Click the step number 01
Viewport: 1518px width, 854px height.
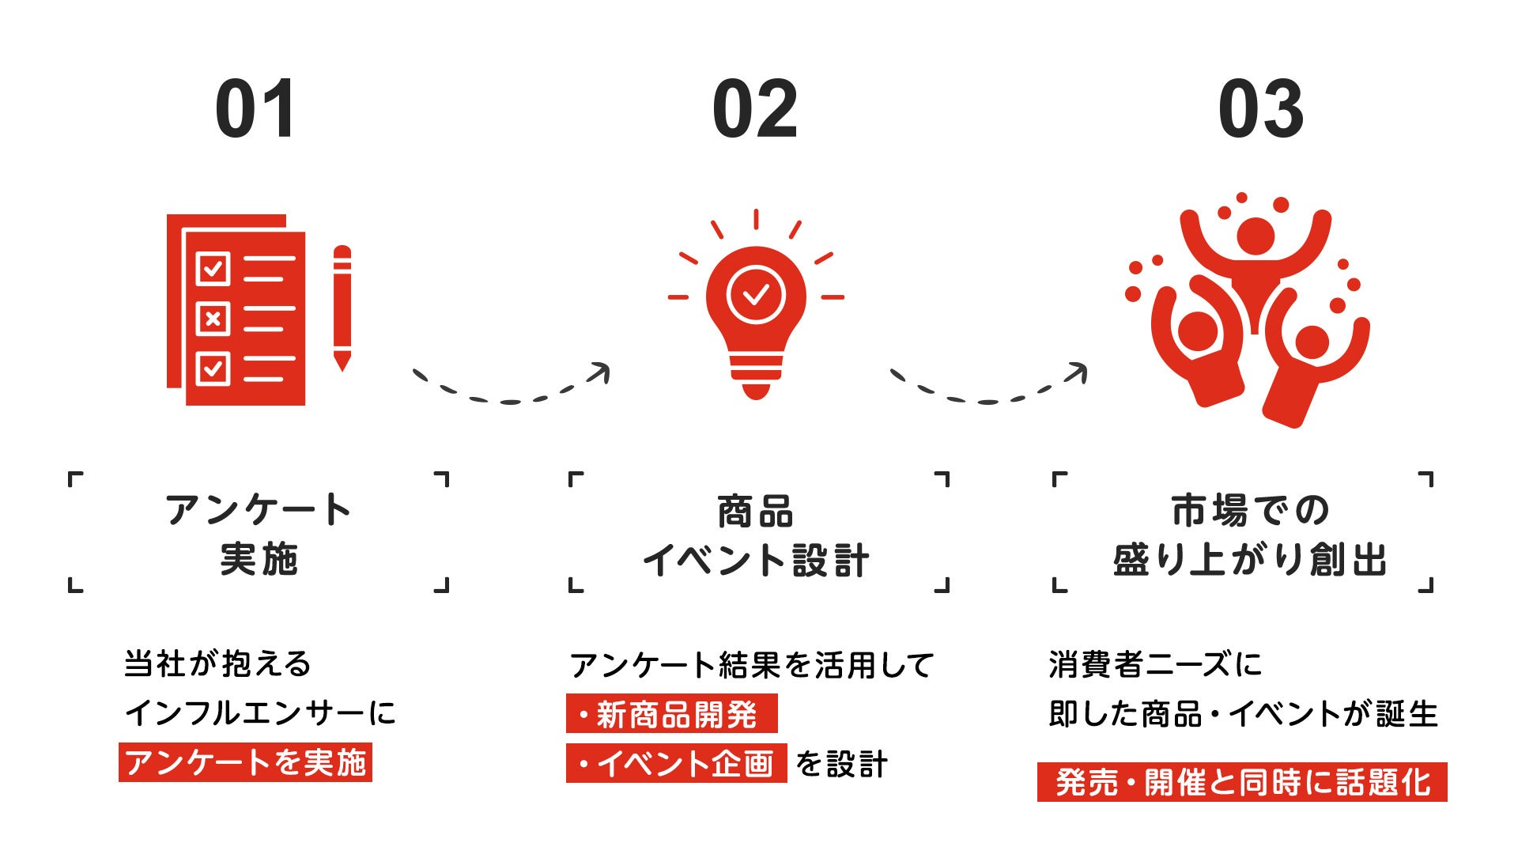pyautogui.click(x=255, y=109)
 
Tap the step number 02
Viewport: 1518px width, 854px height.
pyautogui.click(x=755, y=109)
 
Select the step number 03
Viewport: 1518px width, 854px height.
pyautogui.click(x=1260, y=109)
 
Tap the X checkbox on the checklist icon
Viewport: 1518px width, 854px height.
pyautogui.click(x=213, y=319)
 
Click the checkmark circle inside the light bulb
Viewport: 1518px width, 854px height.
pyautogui.click(x=756, y=295)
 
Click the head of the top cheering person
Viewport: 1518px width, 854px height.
pyautogui.click(x=1255, y=236)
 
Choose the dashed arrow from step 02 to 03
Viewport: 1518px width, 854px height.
pyautogui.click(x=988, y=387)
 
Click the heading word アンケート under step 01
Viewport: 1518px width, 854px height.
pyautogui.click(x=259, y=510)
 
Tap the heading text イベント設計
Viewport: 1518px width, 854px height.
pyautogui.click(x=757, y=561)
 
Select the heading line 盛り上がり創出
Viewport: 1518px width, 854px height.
pyautogui.click(x=1250, y=561)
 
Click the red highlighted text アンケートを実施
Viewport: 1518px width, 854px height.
pyautogui.click(x=245, y=762)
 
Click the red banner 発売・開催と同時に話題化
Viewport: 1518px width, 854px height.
pyautogui.click(x=1242, y=782)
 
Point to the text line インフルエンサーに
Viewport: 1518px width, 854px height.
pyautogui.click(x=260, y=713)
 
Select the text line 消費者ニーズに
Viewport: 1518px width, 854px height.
pyautogui.click(x=1155, y=664)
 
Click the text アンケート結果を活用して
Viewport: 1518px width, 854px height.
pyautogui.click(x=751, y=665)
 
